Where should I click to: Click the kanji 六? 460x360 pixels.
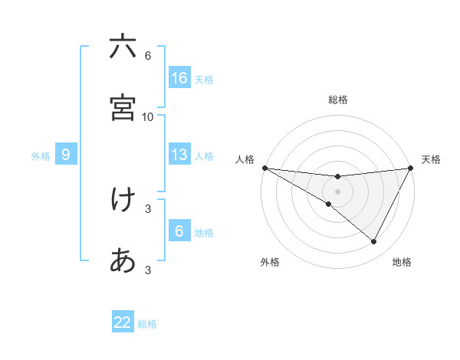click(x=123, y=47)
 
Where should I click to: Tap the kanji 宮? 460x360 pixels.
click(x=123, y=108)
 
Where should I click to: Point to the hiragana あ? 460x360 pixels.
click(x=123, y=261)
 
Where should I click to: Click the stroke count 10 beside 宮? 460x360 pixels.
click(x=148, y=116)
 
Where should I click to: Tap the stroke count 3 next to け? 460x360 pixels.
click(x=148, y=208)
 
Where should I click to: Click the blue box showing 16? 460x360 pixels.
click(x=179, y=77)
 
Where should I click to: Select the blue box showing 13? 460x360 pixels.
click(x=179, y=155)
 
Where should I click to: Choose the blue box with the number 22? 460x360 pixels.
click(x=123, y=322)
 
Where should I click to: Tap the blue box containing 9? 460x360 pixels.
click(x=66, y=155)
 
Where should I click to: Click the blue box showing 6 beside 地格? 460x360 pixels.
click(x=179, y=231)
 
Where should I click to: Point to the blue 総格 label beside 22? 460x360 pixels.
click(x=148, y=324)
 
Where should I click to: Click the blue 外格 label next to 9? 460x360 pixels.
click(x=41, y=156)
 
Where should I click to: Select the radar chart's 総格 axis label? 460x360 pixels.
click(x=338, y=100)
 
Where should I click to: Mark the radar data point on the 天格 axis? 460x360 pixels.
click(x=411, y=168)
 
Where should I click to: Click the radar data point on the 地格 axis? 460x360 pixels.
click(x=374, y=242)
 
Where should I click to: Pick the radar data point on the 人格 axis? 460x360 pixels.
click(x=264, y=168)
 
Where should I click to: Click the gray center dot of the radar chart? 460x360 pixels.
click(x=338, y=191)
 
